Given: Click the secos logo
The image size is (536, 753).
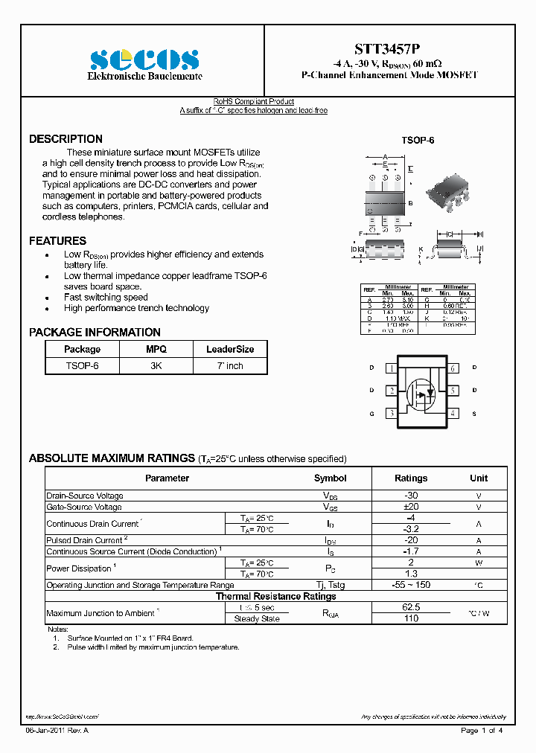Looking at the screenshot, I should click(x=144, y=60).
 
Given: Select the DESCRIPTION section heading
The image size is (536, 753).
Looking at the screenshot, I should click(x=66, y=139).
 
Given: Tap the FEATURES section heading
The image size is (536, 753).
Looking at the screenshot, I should click(x=57, y=241).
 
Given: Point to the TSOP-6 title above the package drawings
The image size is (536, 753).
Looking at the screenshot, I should click(x=418, y=141).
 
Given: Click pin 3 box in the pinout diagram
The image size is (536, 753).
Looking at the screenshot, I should click(x=391, y=413).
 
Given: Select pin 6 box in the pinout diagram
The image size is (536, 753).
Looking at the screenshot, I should click(x=453, y=368).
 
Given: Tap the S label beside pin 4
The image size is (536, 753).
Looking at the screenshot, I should click(x=474, y=413).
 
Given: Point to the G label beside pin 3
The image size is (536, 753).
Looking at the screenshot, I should click(x=371, y=413).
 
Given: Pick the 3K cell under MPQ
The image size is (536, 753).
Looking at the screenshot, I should click(x=156, y=365).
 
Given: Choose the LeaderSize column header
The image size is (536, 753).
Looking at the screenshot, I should click(x=230, y=349).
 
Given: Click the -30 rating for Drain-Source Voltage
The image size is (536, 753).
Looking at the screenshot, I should click(x=410, y=496).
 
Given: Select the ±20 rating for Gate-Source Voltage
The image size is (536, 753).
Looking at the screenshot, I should click(x=410, y=507).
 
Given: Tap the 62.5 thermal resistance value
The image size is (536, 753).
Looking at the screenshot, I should click(x=410, y=607).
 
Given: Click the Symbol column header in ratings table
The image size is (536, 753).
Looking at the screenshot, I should click(x=330, y=478).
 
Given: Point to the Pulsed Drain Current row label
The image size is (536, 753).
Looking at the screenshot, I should click(x=86, y=540).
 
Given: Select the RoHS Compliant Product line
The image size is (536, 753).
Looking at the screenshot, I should click(x=253, y=102).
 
